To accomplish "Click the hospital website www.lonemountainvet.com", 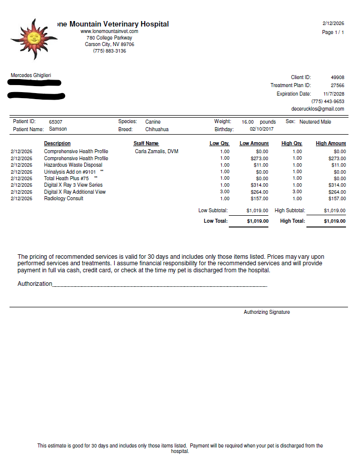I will point(109,32).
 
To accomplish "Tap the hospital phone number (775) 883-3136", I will point(109,51).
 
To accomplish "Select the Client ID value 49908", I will point(337,78).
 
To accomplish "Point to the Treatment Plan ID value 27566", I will point(337,86).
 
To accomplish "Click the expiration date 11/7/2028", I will point(333,94).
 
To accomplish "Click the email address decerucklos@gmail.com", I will point(317,109).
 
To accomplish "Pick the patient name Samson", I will point(58,129).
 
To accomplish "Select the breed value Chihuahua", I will point(157,129).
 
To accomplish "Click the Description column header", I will point(57,144).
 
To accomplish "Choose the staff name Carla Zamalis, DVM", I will point(156,151).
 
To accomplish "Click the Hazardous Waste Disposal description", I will point(73,165).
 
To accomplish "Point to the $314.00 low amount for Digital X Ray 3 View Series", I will point(259,185).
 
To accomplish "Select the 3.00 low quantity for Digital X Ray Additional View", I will point(225,192).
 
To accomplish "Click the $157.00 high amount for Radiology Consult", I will point(336,198).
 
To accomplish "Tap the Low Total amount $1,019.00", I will point(257,221).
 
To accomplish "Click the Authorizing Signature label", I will point(266,312).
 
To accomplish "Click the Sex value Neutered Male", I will point(315,122).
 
